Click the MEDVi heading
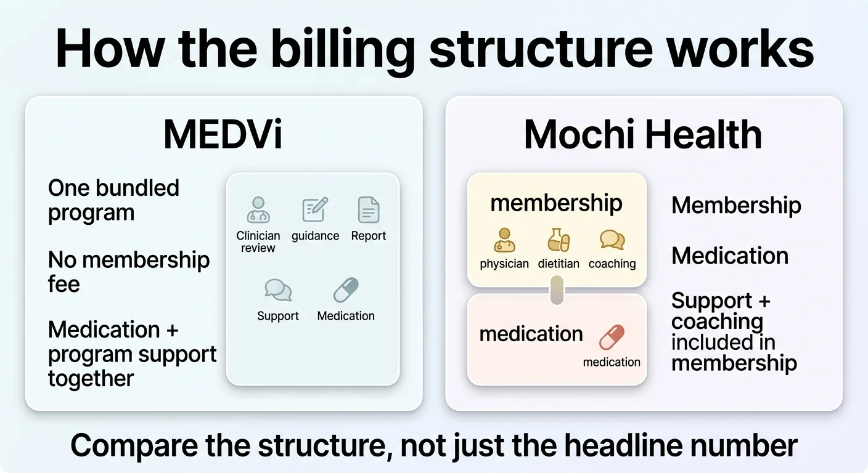coord(223,135)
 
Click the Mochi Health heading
coord(643,135)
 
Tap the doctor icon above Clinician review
coord(258,210)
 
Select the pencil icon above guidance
coord(315,210)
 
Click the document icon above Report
coord(369,210)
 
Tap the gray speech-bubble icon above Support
coord(278,290)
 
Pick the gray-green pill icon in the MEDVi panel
coord(346,290)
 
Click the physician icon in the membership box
coord(504,240)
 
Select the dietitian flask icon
coord(559,240)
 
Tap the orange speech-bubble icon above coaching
coord(612,240)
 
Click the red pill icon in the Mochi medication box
coord(612,338)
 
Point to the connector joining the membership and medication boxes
coord(557,290)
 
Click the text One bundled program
coord(113,200)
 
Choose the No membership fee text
coord(128,272)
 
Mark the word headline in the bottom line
coord(617,445)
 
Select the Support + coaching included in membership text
coord(733,331)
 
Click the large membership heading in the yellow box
coord(556,203)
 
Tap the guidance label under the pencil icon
coord(315,236)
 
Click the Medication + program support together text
coord(132,354)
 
